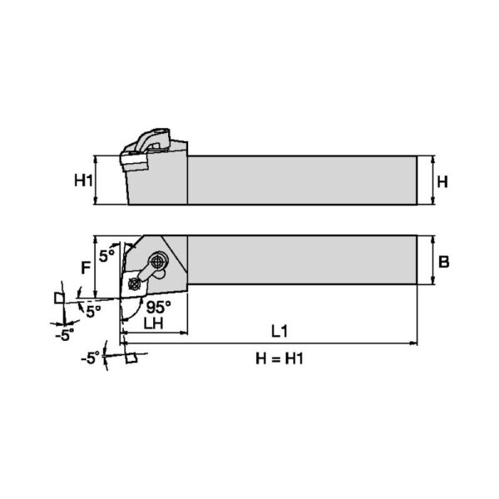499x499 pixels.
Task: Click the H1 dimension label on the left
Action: click(83, 180)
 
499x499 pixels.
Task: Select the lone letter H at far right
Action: click(442, 182)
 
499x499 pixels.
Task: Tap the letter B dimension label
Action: click(443, 262)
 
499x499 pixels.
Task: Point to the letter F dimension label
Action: click(86, 268)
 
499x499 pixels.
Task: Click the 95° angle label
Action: click(159, 307)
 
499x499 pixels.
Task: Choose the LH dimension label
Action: click(154, 324)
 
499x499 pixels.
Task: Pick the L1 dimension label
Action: click(279, 332)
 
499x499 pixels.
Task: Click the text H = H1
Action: click(279, 358)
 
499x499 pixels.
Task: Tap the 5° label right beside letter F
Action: click(106, 255)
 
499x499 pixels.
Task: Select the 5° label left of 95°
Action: click(93, 312)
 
